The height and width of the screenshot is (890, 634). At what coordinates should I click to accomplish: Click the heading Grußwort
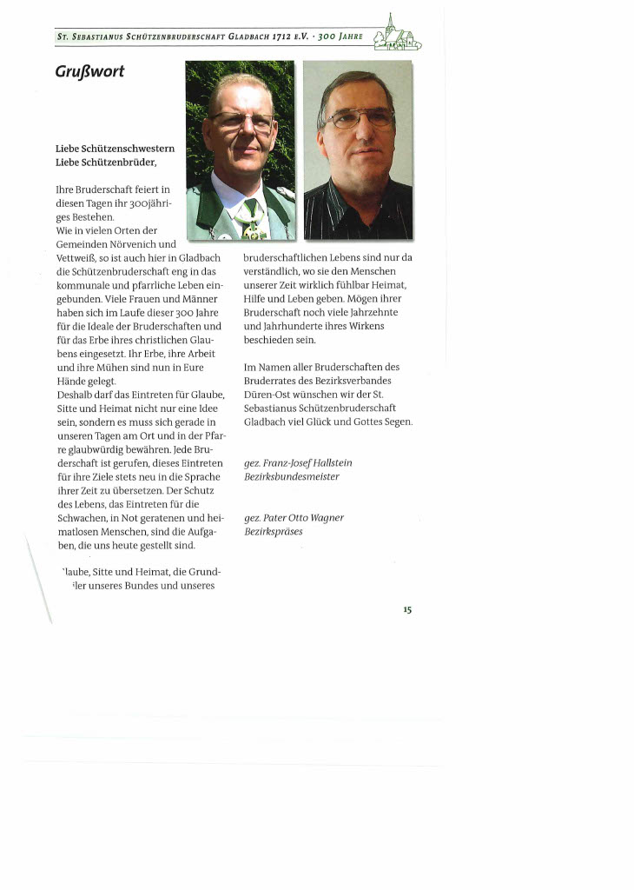pyautogui.click(x=89, y=71)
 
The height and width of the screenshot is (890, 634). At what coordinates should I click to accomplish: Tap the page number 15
pyautogui.click(x=406, y=610)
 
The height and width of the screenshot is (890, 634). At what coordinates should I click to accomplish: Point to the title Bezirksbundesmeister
pyautogui.click(x=292, y=477)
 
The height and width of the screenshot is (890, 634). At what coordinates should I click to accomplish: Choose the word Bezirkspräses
pyautogui.click(x=274, y=532)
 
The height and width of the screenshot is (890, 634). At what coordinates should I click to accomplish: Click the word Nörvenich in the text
pyautogui.click(x=137, y=244)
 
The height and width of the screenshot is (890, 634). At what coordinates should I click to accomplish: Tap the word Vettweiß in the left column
pyautogui.click(x=76, y=258)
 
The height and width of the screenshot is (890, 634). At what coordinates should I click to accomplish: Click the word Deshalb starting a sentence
pyautogui.click(x=76, y=395)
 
